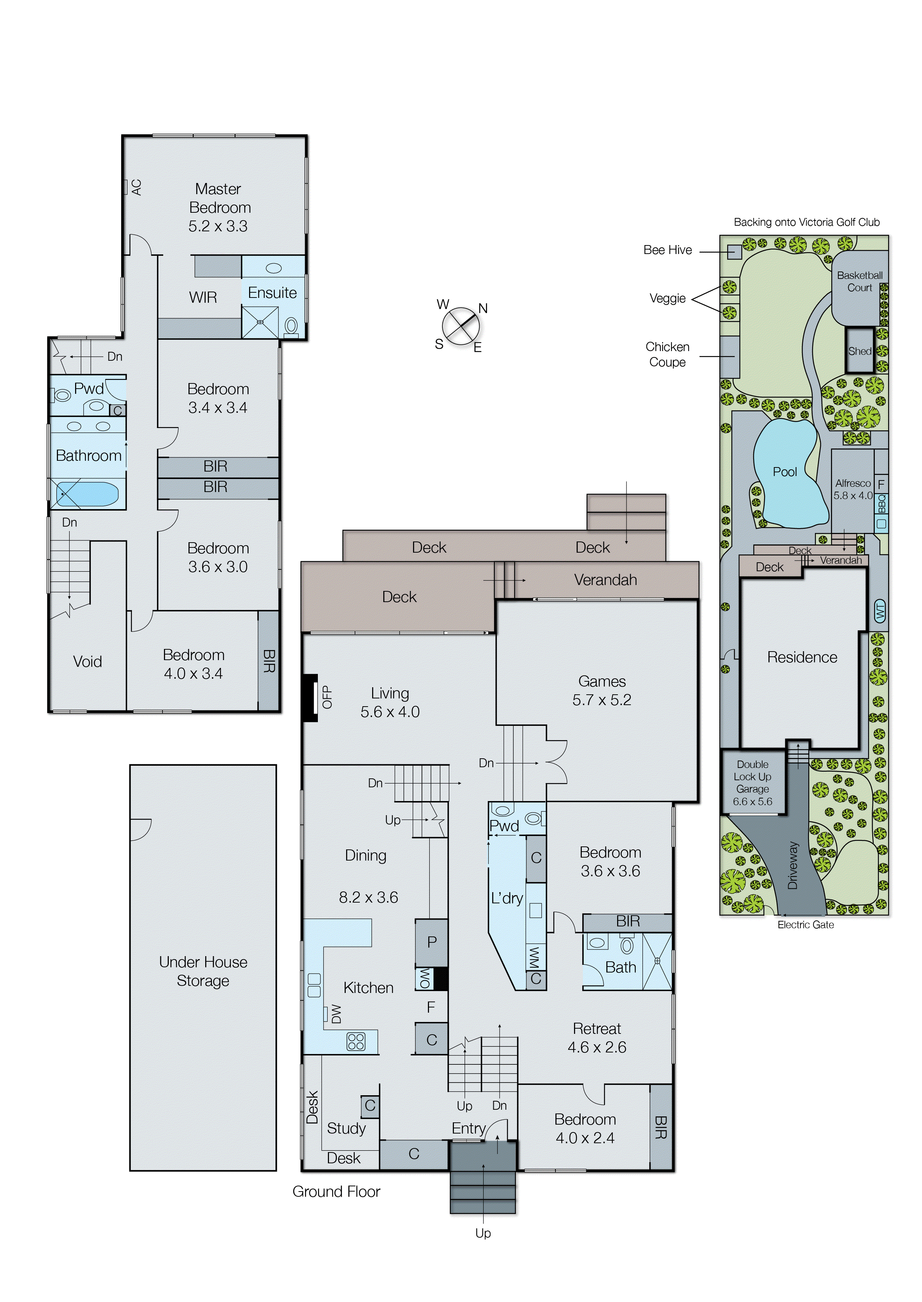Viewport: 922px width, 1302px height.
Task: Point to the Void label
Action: click(x=87, y=662)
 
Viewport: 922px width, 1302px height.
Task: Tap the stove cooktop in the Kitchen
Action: click(x=356, y=1041)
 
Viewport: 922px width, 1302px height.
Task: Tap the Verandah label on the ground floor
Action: click(x=605, y=580)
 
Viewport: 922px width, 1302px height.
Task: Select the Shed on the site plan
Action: click(x=860, y=351)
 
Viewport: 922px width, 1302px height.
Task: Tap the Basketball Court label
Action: click(x=860, y=282)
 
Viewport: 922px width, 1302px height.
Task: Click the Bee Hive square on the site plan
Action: click(x=734, y=251)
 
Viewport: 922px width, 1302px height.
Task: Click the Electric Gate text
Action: click(x=806, y=925)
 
